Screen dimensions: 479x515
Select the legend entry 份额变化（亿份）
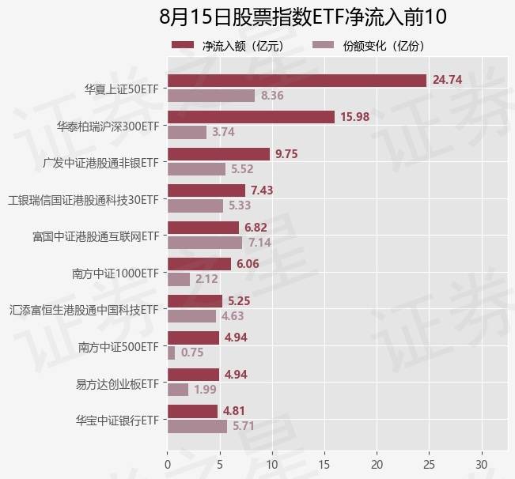[x=369, y=47]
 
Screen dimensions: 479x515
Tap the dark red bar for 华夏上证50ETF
[x=297, y=80]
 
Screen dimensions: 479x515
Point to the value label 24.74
[x=447, y=80]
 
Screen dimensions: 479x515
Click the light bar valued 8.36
[x=211, y=96]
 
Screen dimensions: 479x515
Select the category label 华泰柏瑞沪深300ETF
[x=108, y=126]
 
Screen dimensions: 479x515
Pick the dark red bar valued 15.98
[x=251, y=117]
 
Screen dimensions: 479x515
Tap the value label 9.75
[x=286, y=153]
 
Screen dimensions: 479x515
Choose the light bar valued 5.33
[x=195, y=206]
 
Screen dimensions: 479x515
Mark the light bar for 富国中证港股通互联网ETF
[x=205, y=243]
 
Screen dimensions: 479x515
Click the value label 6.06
[x=248, y=264]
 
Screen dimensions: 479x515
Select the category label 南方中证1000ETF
[x=115, y=273]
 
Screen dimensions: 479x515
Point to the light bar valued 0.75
[x=171, y=353]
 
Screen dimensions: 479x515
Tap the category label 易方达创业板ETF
[x=118, y=383]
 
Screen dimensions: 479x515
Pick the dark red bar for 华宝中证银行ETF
[x=192, y=411]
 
